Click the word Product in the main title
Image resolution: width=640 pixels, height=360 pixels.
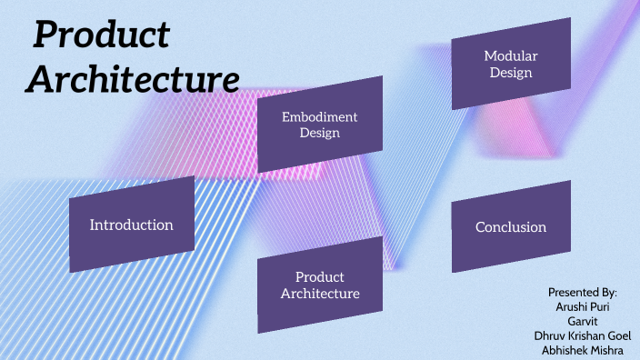(x=102, y=35)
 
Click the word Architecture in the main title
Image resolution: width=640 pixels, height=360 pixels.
(x=133, y=79)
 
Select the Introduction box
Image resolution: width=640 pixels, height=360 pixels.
(x=132, y=225)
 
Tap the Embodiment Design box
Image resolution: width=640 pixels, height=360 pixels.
(x=320, y=125)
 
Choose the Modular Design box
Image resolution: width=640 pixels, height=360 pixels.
(x=511, y=64)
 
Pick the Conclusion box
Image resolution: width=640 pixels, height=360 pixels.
(x=511, y=226)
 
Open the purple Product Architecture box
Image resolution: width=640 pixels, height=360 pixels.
(x=320, y=285)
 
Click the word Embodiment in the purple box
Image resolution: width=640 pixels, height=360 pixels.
(x=320, y=117)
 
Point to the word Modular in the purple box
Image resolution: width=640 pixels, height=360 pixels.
(x=511, y=55)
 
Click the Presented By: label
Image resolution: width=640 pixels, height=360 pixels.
(x=583, y=293)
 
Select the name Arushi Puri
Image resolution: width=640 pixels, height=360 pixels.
(x=583, y=307)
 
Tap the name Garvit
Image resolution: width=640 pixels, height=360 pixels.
(x=583, y=321)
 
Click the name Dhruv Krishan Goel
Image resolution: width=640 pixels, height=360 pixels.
(x=583, y=335)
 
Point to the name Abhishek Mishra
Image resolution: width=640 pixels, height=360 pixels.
(x=583, y=350)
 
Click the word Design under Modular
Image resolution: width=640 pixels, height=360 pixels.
(x=511, y=73)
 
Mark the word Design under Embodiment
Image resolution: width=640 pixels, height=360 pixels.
(x=320, y=134)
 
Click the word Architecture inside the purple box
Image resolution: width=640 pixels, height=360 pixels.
(x=320, y=294)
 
